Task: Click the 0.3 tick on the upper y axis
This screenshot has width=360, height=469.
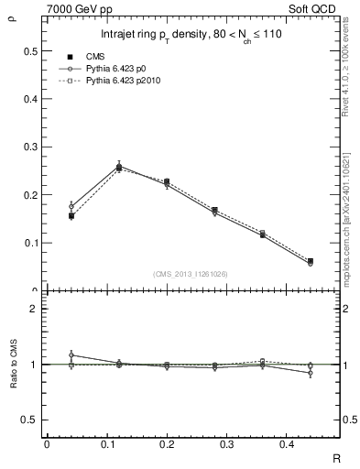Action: [x=30, y=147]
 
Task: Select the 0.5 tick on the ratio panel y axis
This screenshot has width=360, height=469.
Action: [x=30, y=420]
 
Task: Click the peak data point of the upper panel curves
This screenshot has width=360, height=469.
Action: [x=119, y=167]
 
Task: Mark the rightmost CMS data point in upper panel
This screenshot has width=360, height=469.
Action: [x=310, y=261]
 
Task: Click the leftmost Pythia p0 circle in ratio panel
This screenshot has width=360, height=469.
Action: [x=71, y=354]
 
